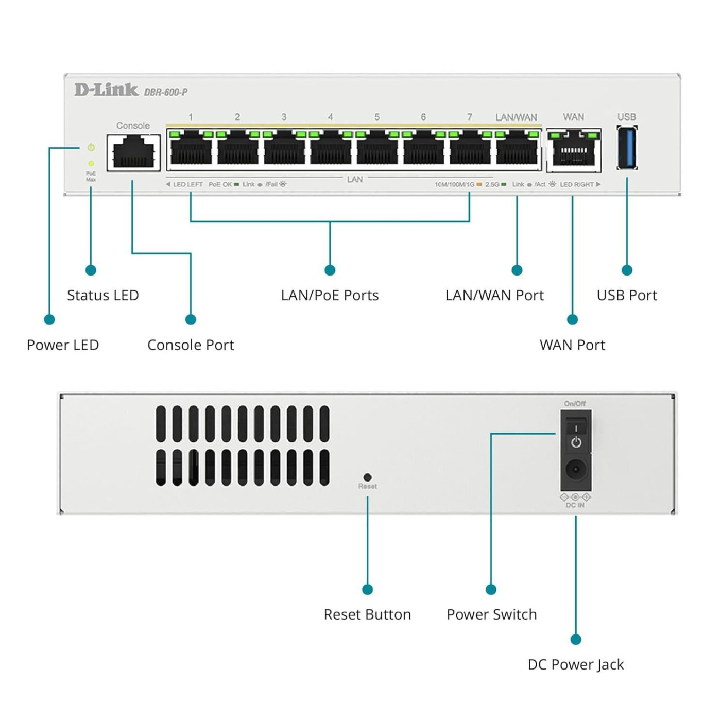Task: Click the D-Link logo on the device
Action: click(106, 90)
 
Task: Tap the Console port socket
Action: click(133, 152)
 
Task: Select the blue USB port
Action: click(627, 148)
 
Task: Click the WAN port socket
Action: click(574, 150)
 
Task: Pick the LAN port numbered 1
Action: click(191, 149)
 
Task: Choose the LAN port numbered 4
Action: click(331, 149)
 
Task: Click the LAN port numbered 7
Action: click(470, 149)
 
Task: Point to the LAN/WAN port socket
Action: click(517, 149)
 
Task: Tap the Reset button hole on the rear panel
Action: click(367, 477)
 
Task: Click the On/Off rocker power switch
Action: click(576, 435)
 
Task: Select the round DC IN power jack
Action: click(575, 470)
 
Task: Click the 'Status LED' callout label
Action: click(103, 295)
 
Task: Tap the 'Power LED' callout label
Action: click(63, 345)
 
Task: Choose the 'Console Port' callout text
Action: click(191, 345)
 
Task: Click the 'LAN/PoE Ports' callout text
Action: click(330, 295)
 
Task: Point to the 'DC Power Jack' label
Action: click(575, 664)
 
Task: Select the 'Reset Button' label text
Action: click(367, 614)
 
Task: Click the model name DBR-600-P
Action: click(166, 92)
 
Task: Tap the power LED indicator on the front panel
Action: click(91, 148)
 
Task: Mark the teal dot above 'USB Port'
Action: click(627, 270)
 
